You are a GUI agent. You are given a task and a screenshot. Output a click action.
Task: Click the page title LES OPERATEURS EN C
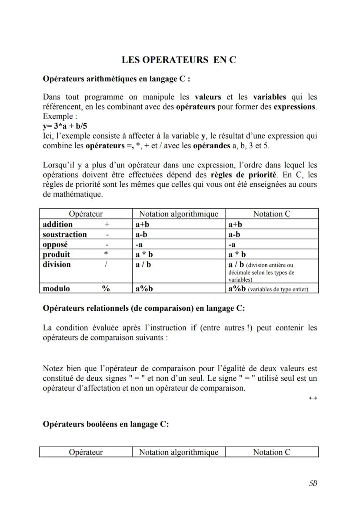tap(179, 60)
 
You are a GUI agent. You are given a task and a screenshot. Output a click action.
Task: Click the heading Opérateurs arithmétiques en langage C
tap(116, 79)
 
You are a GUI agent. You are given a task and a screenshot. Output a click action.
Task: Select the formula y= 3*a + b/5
tap(65, 126)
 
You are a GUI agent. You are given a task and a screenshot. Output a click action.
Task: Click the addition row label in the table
tap(58, 224)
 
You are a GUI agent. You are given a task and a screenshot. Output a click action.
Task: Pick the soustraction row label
tap(65, 234)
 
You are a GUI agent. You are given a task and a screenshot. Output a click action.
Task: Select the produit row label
tap(57, 254)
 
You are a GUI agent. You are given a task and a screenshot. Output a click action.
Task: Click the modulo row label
tap(56, 288)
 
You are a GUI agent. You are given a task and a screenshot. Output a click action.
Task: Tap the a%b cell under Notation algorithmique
tap(144, 288)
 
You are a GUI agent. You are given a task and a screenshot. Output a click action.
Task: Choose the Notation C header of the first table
tap(272, 214)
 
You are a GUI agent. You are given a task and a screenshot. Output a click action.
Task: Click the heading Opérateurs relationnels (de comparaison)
tap(143, 308)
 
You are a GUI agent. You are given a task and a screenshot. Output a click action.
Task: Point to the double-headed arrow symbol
tap(313, 398)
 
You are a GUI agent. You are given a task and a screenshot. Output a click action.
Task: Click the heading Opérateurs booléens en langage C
tap(106, 424)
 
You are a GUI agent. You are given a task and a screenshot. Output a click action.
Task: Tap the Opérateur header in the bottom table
tap(86, 452)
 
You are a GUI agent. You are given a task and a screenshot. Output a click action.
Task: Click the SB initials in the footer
tap(313, 483)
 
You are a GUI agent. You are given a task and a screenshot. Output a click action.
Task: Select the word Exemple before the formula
tap(57, 116)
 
